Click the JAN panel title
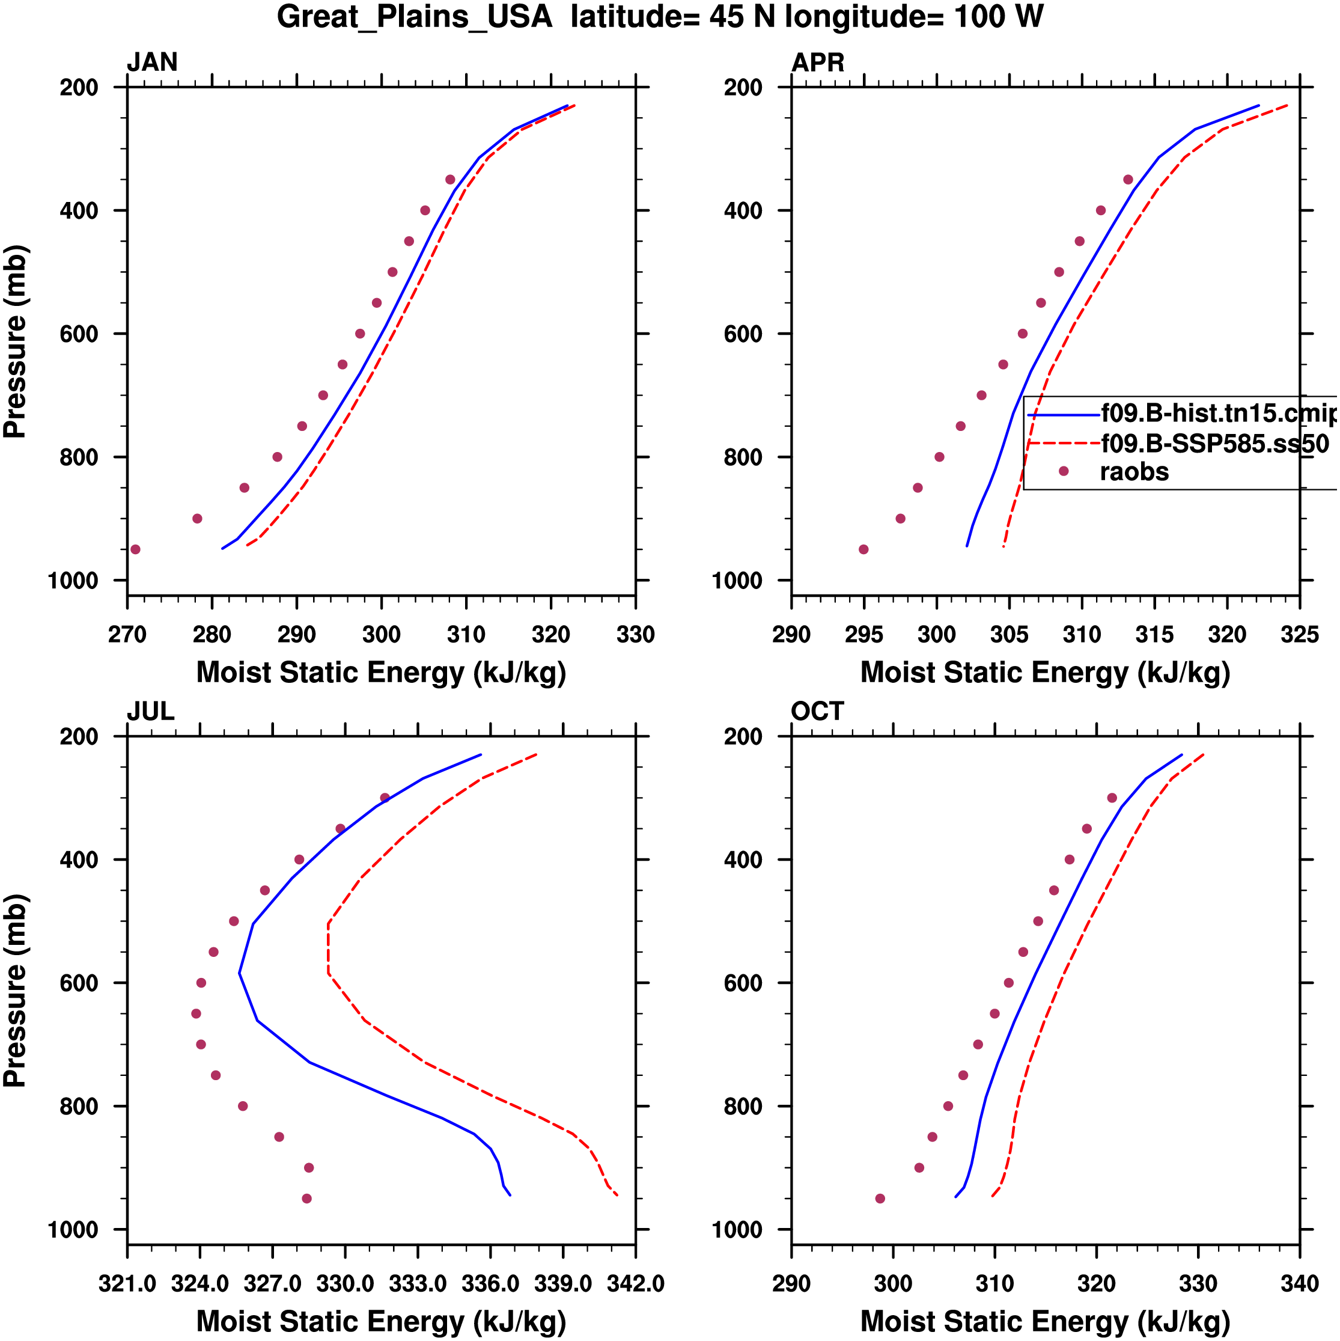[x=152, y=63]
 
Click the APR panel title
[x=817, y=63]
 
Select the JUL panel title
[x=150, y=712]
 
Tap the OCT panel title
[x=817, y=712]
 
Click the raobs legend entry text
[x=1134, y=472]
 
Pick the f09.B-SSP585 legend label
[x=1214, y=444]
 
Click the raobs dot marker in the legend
[x=1063, y=471]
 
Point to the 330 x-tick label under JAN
[x=635, y=634]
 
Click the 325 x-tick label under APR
[x=1299, y=634]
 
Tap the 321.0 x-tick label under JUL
[x=127, y=1283]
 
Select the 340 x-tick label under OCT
[x=1299, y=1283]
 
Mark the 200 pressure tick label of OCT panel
[x=743, y=736]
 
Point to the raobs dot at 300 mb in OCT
[x=1112, y=798]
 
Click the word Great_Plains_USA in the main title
[x=414, y=17]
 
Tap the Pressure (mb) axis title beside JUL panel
[x=15, y=991]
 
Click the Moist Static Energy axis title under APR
[x=1045, y=673]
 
